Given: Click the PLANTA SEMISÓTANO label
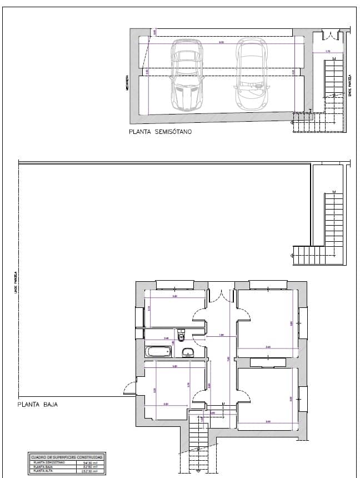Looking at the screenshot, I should pos(161,133).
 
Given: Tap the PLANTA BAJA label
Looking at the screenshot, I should pos(38,405).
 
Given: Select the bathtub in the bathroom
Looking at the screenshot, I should pos(159,351).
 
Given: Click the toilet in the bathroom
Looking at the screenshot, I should pos(182,336).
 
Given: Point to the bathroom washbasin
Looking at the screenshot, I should pos(188,351).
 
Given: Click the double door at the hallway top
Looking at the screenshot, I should pos(221,295).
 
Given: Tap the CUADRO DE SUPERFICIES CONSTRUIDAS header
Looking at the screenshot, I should pos(66,457).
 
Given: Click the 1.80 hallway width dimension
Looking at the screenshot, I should pos(221,335).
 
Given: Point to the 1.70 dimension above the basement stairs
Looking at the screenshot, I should pos(327,52).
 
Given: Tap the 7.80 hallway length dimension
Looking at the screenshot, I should pos(227,359).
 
